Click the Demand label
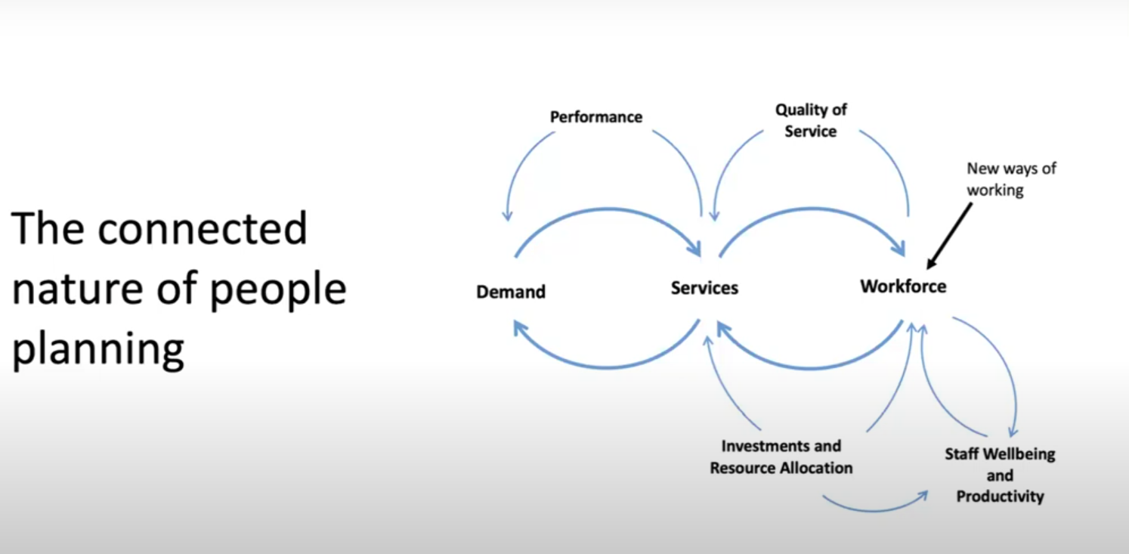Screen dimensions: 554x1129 (511, 292)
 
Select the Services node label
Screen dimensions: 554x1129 (704, 288)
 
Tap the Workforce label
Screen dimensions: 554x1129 (903, 286)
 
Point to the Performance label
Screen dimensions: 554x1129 (596, 117)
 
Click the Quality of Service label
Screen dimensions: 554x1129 (811, 120)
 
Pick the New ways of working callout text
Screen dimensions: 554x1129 (1011, 179)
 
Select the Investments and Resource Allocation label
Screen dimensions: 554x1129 (781, 457)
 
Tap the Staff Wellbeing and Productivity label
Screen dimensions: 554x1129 (1000, 475)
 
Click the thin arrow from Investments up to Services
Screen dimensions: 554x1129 (729, 385)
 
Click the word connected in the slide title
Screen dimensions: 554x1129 (202, 228)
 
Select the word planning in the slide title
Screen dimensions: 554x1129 (98, 350)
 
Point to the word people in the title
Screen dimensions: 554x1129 (277, 289)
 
